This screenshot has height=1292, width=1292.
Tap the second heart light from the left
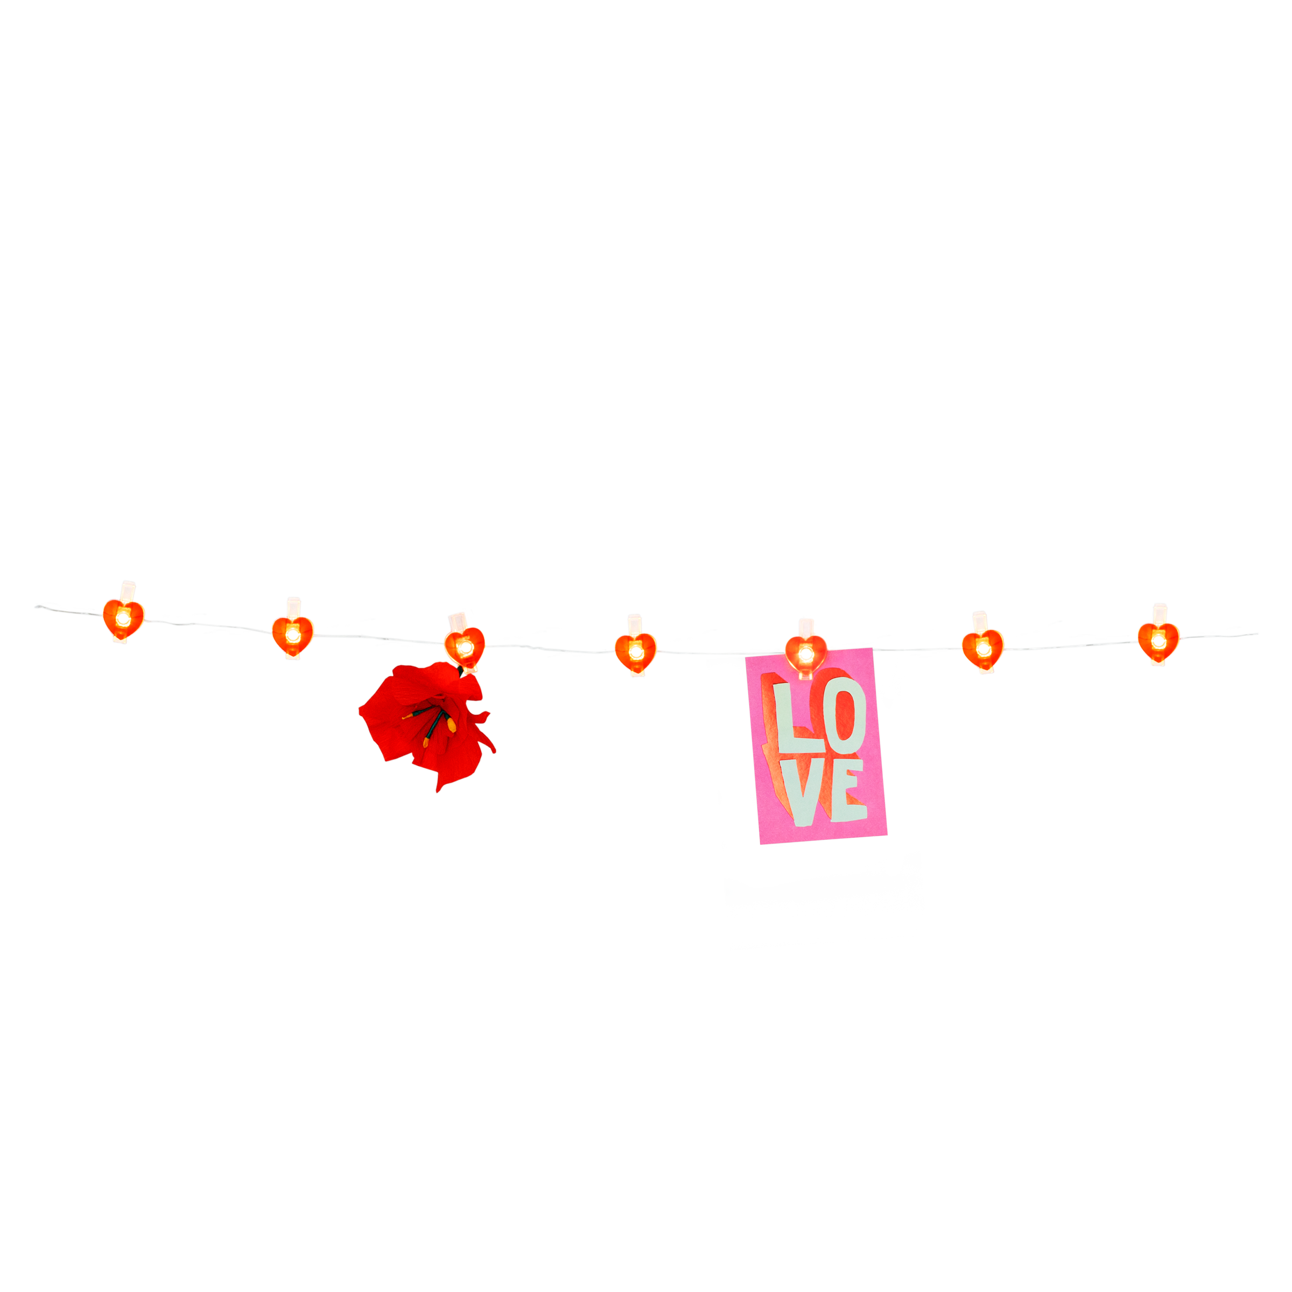[292, 635]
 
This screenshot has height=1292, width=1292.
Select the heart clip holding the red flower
[464, 646]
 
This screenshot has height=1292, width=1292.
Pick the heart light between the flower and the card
[635, 652]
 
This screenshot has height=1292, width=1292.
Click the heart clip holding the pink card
[806, 654]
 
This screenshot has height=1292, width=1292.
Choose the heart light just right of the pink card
[982, 647]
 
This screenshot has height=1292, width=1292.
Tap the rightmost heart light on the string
[1158, 641]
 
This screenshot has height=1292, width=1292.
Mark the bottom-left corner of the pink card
[760, 845]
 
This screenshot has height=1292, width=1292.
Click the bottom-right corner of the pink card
[887, 834]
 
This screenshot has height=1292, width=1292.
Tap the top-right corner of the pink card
[873, 648]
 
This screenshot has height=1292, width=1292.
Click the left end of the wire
[36, 607]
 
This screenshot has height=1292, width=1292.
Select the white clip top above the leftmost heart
[127, 591]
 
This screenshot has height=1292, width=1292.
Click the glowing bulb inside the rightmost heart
[1158, 640]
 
